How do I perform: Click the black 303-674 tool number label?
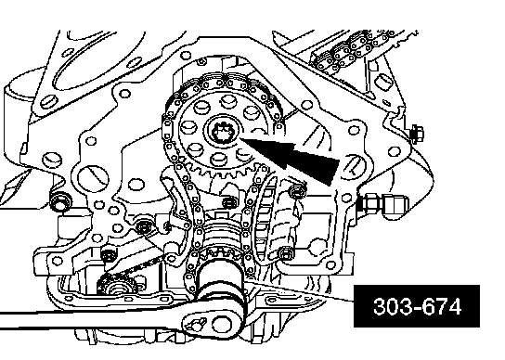[417, 306]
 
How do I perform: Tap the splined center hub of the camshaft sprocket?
[222, 132]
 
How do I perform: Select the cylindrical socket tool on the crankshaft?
[221, 283]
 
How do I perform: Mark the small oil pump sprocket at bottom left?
[117, 284]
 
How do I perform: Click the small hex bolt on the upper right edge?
[417, 133]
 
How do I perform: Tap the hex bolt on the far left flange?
[58, 200]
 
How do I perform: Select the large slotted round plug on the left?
[93, 178]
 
